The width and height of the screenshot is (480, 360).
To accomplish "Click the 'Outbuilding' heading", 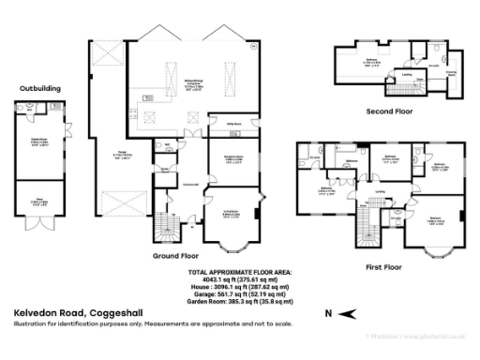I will [39, 90].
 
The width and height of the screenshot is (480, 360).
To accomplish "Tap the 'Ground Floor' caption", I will [175, 254].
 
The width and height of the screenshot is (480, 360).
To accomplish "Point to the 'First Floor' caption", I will [385, 266].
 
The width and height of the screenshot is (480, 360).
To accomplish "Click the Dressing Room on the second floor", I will [450, 72].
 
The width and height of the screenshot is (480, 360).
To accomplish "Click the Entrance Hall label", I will [190, 184].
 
